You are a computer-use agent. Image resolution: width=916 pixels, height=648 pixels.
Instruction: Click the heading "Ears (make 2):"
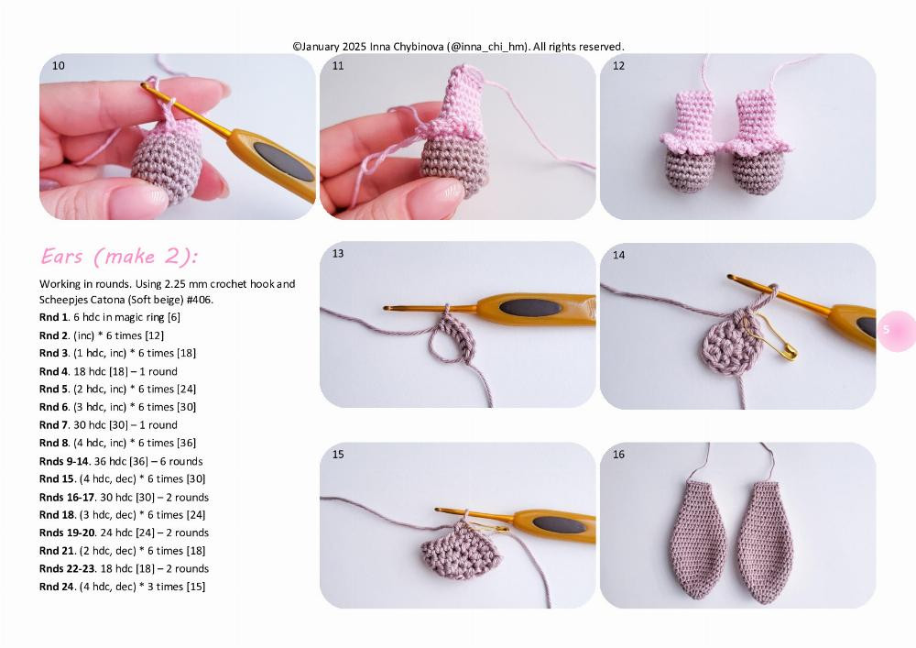(119, 256)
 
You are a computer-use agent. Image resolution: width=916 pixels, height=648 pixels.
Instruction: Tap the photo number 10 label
(59, 66)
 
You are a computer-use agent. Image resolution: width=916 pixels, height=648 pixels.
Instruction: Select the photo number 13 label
(338, 254)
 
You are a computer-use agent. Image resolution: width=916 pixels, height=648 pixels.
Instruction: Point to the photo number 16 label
(619, 455)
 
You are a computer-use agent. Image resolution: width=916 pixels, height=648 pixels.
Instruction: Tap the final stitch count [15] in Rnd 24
(195, 587)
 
